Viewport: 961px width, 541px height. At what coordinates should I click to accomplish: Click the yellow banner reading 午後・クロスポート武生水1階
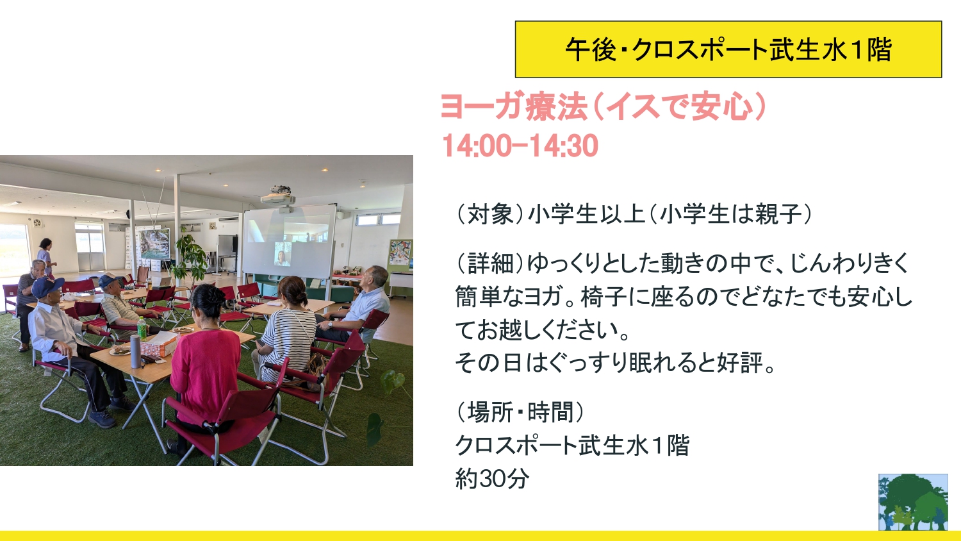728,49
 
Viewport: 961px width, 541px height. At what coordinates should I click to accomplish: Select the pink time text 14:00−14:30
520,146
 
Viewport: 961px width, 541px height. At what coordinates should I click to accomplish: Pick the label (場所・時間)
520,412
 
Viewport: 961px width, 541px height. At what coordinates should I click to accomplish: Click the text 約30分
492,478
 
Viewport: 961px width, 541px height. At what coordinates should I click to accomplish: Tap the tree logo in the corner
913,502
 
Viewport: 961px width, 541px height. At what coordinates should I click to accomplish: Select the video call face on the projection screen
283,254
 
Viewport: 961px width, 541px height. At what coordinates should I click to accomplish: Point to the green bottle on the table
142,328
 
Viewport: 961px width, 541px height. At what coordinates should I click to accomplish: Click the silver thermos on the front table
135,352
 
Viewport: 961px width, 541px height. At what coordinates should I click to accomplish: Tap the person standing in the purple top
45,256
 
